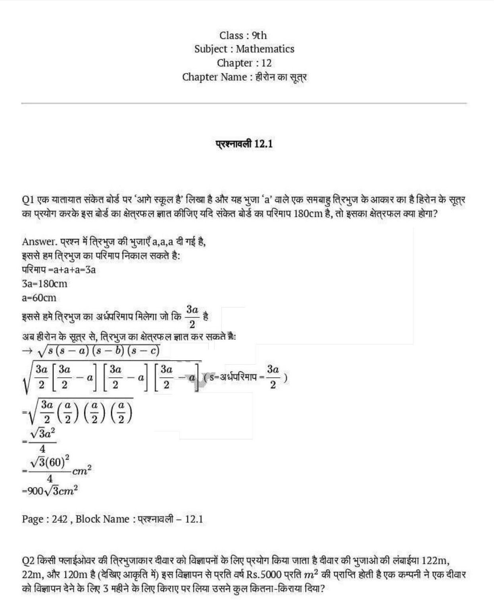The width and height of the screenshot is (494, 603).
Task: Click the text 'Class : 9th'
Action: tap(243, 35)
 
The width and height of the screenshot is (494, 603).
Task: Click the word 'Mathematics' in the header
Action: tap(265, 49)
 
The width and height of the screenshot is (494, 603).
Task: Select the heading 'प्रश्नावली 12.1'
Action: tap(244, 144)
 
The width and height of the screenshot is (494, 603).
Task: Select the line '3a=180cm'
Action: tap(44, 284)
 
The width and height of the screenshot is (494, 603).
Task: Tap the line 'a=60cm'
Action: tap(39, 298)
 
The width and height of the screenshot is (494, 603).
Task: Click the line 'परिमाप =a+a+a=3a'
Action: tap(59, 270)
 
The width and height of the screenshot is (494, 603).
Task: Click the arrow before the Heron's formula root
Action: tap(28, 351)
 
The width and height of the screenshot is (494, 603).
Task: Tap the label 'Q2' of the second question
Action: tap(28, 560)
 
